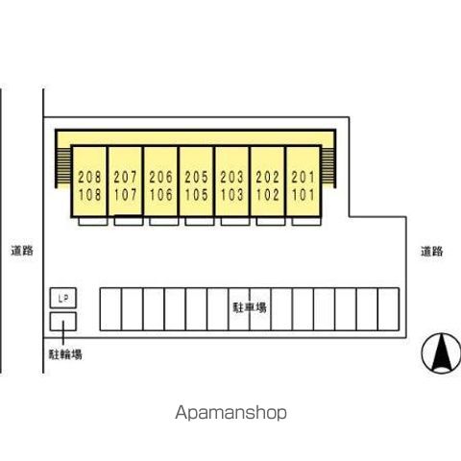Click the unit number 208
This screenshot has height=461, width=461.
tap(89, 177)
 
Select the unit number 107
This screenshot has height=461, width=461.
tap(125, 195)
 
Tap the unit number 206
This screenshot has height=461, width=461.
tap(160, 177)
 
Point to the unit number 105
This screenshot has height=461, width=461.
tap(196, 195)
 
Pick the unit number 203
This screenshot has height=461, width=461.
tap(232, 177)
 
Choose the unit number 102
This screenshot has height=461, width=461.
tap(268, 195)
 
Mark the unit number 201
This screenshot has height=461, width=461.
tap(303, 177)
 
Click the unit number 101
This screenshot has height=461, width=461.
tap(303, 195)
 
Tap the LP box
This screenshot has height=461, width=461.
tap(63, 298)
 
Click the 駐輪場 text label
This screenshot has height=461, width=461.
tap(65, 354)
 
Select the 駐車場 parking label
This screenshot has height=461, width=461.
tap(250, 307)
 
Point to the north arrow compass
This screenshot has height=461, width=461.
tap(442, 353)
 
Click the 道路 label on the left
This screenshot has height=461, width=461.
tap(22, 251)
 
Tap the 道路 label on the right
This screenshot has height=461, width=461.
tap(432, 252)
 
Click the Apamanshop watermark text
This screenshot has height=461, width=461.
tap(230, 413)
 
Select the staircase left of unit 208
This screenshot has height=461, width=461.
tap(63, 167)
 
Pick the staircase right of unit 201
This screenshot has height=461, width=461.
tap(328, 167)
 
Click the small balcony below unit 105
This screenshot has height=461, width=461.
tap(200, 221)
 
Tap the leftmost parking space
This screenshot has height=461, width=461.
tap(110, 309)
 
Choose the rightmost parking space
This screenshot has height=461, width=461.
tap(389, 309)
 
